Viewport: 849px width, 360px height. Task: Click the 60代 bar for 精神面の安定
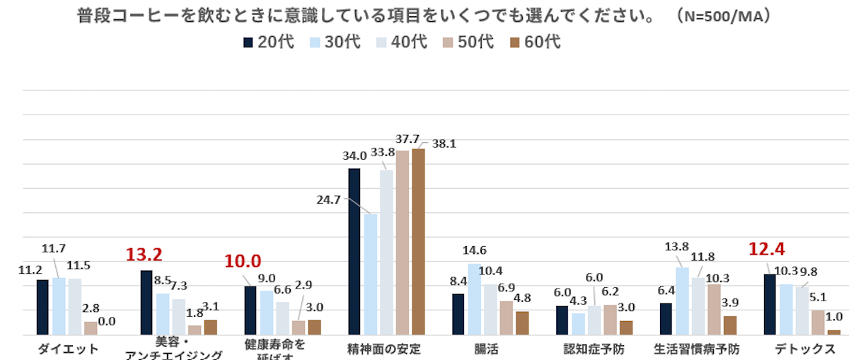[x=418, y=241]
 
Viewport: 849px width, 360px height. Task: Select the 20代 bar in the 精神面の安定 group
[x=354, y=251]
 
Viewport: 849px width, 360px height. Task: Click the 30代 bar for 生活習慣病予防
[x=683, y=301]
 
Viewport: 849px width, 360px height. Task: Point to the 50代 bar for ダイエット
[x=91, y=328]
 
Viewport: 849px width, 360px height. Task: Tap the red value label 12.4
[x=768, y=249]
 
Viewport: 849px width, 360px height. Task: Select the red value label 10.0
[x=243, y=262]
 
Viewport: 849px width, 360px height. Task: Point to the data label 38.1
[x=444, y=144]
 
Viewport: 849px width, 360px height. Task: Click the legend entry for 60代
[x=535, y=42]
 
